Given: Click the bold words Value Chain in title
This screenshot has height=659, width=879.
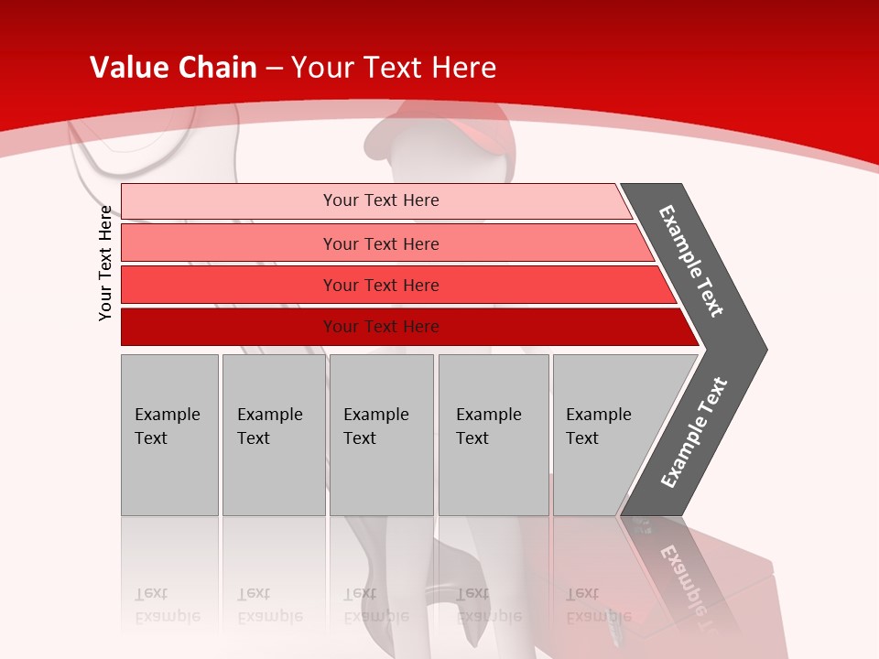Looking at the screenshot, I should [x=173, y=68].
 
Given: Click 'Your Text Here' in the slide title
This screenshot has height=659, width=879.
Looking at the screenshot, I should [x=394, y=68].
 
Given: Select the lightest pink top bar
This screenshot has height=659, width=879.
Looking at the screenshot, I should [x=229, y=201].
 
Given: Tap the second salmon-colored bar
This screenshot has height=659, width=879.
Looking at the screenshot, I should [x=229, y=243].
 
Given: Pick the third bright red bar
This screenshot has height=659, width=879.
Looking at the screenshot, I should [x=229, y=285].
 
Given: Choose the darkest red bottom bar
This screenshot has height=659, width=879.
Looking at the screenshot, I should [x=229, y=327].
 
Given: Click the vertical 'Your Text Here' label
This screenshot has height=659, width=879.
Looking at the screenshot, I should [x=105, y=263].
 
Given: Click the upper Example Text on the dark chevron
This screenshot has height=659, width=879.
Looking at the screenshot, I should [x=691, y=261].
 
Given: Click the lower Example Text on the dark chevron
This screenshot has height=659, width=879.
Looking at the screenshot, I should [x=694, y=433].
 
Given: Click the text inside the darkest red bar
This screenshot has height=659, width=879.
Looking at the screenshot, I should [x=381, y=327].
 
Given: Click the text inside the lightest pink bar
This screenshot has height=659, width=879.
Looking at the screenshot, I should [x=381, y=200].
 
